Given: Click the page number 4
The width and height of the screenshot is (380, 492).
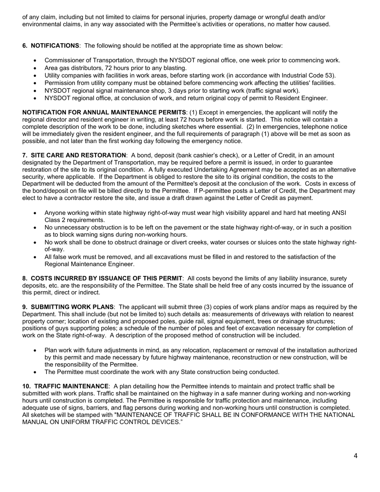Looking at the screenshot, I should [x=356, y=456].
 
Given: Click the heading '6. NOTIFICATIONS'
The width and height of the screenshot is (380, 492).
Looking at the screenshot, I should [x=50, y=46].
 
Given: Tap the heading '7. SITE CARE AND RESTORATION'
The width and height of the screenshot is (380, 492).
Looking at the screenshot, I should [x=74, y=155].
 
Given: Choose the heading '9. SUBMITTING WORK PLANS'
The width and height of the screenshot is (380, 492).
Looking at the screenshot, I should [x=68, y=307].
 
